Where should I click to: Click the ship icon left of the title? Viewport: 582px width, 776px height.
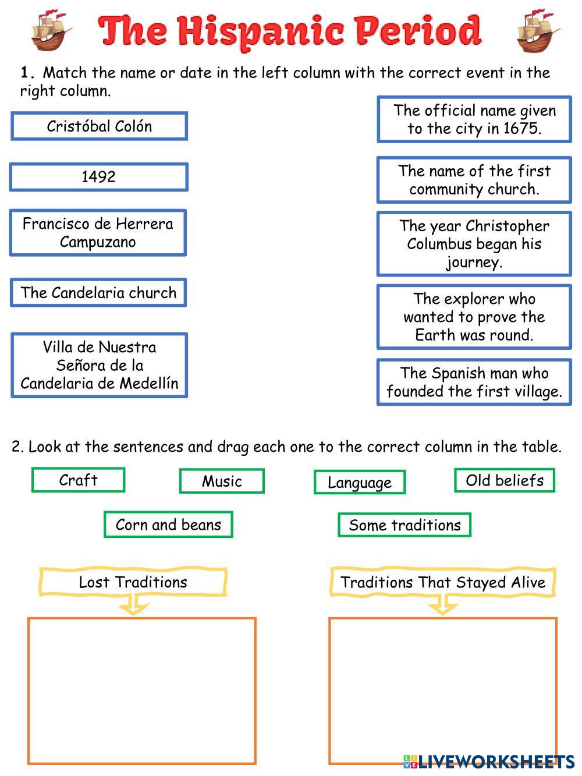(51, 30)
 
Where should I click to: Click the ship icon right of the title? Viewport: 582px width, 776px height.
(538, 30)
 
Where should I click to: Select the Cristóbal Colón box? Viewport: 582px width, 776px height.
(99, 126)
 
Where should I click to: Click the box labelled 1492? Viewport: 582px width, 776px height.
(98, 177)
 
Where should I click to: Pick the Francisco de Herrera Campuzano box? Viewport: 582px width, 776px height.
(98, 233)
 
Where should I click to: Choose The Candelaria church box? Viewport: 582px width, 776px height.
(98, 292)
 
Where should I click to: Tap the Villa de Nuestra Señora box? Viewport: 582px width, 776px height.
(99, 365)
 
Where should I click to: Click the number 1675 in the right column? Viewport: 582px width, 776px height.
(521, 128)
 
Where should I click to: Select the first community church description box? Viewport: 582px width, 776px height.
(474, 180)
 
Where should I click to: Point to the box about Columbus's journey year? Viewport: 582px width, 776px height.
(474, 243)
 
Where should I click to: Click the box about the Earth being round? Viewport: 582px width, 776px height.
(474, 317)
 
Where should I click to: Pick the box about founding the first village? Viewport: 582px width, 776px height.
(474, 382)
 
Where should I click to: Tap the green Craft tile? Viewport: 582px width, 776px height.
(78, 480)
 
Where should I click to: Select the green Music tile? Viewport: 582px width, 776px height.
(222, 481)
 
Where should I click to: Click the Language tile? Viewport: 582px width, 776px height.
(360, 482)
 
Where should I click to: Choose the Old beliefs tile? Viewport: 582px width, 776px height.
(505, 480)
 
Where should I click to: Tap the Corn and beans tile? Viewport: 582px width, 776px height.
(168, 525)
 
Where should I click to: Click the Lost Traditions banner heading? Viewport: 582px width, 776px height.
(133, 582)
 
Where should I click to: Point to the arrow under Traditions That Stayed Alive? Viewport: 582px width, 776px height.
(443, 604)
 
